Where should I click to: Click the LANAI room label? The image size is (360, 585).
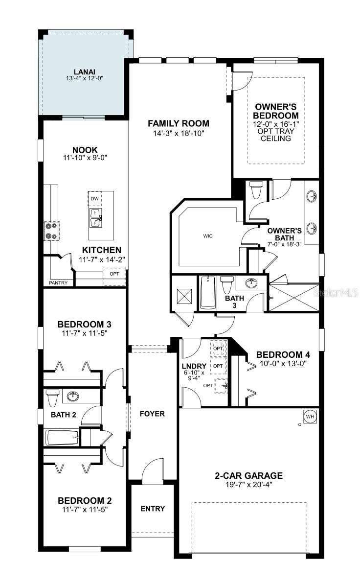coord(84,72)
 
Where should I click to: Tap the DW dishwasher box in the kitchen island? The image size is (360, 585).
coord(95,198)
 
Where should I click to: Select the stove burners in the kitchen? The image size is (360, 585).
coord(51,231)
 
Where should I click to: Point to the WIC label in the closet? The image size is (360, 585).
coord(208,236)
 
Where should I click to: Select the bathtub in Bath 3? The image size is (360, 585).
coord(208,293)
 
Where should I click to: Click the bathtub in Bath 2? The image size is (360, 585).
coord(62,438)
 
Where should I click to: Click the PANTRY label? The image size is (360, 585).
coord(59,283)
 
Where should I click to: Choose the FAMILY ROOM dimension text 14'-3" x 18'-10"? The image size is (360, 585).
coord(179,133)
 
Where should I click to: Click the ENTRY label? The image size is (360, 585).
coord(153,509)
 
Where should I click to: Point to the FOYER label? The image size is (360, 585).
coord(152,414)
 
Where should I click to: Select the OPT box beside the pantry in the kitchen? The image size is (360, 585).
coord(115,277)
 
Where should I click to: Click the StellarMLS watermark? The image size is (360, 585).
coord(336,293)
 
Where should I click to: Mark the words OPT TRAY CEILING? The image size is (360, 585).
coord(276,135)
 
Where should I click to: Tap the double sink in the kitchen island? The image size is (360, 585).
coord(96,217)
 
